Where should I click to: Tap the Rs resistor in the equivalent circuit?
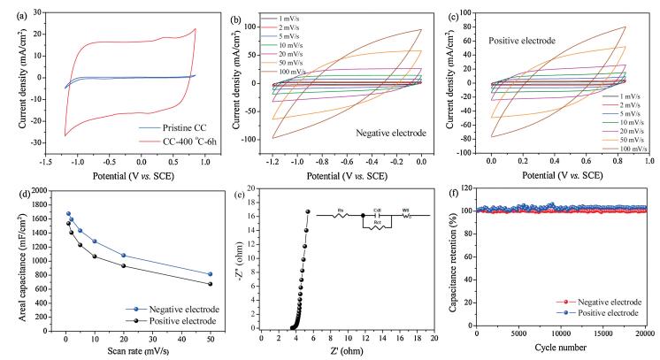(x=342, y=210)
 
